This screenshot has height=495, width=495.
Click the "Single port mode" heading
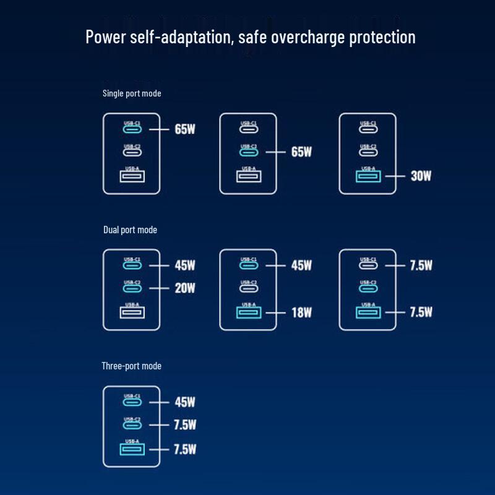[x=132, y=93]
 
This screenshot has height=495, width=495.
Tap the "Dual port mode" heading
[x=130, y=230]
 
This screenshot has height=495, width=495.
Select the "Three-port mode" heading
[x=131, y=366]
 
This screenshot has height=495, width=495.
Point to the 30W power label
[x=421, y=176]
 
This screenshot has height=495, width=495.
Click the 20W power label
[x=185, y=288]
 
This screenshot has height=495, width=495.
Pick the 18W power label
[x=301, y=312]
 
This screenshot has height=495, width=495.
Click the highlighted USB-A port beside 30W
[x=368, y=177]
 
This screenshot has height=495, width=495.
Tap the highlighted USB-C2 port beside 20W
[x=132, y=288]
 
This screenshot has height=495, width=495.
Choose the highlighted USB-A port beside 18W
[x=249, y=312]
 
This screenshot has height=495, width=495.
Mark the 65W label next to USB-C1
[x=185, y=129]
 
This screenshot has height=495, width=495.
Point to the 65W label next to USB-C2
[x=301, y=152]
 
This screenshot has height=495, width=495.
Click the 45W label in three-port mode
[x=185, y=402]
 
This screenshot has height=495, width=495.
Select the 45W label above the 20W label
[x=185, y=265]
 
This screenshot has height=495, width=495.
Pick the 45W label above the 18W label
[x=301, y=265]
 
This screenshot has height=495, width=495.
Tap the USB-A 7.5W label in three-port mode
[x=185, y=449]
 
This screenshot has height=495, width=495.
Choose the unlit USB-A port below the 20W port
[x=132, y=312]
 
